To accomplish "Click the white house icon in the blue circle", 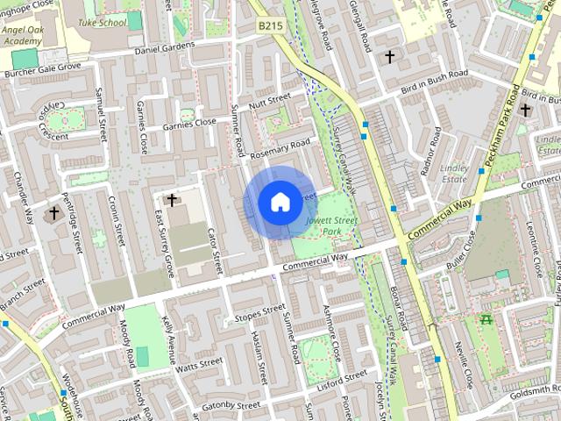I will pyautogui.click(x=280, y=203).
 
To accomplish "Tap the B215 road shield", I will pyautogui.click(x=269, y=28).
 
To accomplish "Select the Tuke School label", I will pyautogui.click(x=102, y=22).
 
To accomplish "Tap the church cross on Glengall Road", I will pyautogui.click(x=389, y=57).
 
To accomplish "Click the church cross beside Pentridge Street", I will pyautogui.click(x=54, y=213).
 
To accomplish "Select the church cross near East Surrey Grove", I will pyautogui.click(x=172, y=200).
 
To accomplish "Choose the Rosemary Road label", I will pyautogui.click(x=280, y=149).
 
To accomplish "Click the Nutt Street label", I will pyautogui.click(x=268, y=103).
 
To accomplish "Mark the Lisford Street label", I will pyautogui.click(x=343, y=377).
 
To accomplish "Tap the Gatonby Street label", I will pyautogui.click(x=231, y=406).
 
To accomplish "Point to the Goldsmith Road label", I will pyautogui.click(x=530, y=389).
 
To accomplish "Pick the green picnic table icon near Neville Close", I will pyautogui.click(x=486, y=321).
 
